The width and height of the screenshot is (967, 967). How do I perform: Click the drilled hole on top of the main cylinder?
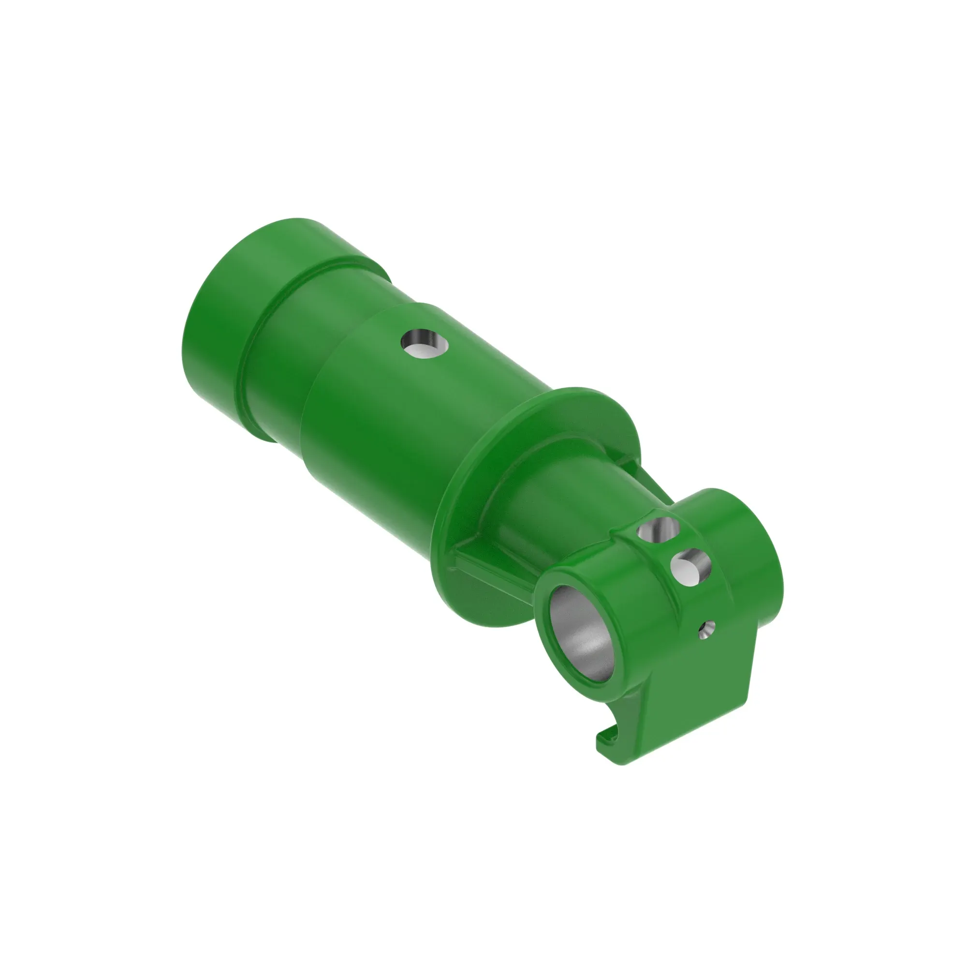pyautogui.click(x=425, y=344)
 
